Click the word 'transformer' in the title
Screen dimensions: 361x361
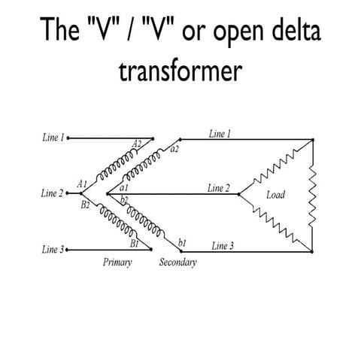pos(180,71)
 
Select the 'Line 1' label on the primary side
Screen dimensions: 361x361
pos(53,138)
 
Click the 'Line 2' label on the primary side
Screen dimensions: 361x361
pos(52,193)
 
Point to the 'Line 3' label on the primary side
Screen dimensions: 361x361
pos(53,250)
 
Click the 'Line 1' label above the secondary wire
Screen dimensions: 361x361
pos(220,134)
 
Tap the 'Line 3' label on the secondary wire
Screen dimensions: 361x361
pos(223,246)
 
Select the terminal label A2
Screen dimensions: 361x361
pos(137,144)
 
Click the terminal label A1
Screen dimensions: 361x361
pos(82,184)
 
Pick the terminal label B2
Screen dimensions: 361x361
pos(85,205)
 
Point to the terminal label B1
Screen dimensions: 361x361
pos(135,244)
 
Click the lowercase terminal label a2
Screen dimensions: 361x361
pos(174,149)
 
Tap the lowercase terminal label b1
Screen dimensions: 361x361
pos(182,243)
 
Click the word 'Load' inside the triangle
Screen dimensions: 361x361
pos(275,195)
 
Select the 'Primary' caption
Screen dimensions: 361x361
pos(117,262)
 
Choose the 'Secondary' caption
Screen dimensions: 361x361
pos(178,262)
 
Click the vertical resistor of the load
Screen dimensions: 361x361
pos(312,196)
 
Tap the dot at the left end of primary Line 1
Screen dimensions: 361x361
pos(68,138)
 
